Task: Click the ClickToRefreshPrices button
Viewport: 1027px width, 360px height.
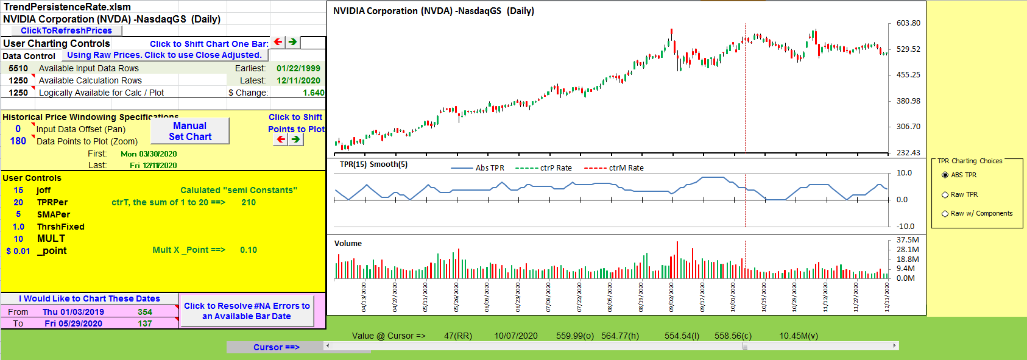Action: [x=66, y=30]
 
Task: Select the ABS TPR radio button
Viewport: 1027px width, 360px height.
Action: [x=945, y=175]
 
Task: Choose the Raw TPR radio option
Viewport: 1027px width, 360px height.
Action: [x=945, y=195]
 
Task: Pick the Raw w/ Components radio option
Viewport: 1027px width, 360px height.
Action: [x=945, y=214]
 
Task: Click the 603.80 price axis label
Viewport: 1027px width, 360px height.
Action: [x=908, y=23]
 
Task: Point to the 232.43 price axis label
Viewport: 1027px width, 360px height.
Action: [x=908, y=153]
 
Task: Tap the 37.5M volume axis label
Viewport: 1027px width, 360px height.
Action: [x=908, y=240]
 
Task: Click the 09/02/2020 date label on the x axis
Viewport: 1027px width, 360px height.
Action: [x=671, y=297]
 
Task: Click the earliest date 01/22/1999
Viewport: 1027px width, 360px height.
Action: [x=298, y=68]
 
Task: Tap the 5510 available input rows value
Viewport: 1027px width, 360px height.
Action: [x=18, y=68]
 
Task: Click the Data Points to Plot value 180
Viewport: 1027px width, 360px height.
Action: [x=18, y=141]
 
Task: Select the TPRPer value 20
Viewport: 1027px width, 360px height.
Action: [x=18, y=202]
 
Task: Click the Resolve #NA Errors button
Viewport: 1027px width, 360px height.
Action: [x=247, y=311]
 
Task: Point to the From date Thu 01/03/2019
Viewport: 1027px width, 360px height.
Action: [x=73, y=312]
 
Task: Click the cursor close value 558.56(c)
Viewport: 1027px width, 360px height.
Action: [x=733, y=336]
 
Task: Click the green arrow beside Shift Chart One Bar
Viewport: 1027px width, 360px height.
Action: [x=293, y=42]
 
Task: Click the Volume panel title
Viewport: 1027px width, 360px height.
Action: [x=348, y=244]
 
